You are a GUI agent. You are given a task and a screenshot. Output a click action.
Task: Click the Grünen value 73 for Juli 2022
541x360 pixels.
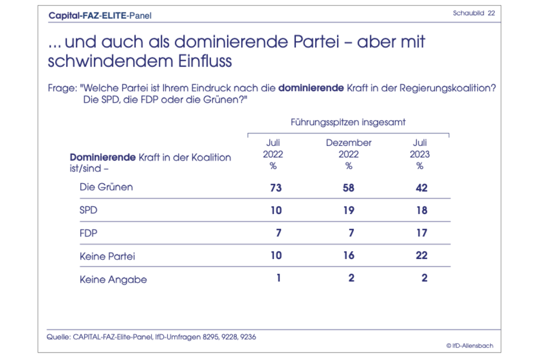pos(276,188)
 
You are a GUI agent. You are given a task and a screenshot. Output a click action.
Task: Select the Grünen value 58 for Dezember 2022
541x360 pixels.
pos(348,188)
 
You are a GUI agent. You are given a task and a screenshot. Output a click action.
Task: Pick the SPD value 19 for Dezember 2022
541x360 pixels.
pos(348,210)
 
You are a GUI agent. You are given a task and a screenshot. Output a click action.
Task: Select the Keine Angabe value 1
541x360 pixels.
pos(278,278)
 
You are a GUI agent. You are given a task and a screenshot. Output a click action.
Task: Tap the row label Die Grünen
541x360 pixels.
pos(107,187)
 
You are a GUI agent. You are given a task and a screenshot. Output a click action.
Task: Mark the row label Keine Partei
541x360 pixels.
pos(108,256)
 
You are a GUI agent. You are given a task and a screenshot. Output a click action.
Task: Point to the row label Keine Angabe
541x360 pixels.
pos(113,279)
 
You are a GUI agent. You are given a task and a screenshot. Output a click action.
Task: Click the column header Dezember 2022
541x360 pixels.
pos(348,148)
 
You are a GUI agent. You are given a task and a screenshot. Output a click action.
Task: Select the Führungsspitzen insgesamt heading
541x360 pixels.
pos(348,121)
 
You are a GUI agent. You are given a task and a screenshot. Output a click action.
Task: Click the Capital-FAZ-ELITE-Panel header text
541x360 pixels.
pos(100,15)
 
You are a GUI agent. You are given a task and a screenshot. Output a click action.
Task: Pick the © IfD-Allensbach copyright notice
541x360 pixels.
pos(469,345)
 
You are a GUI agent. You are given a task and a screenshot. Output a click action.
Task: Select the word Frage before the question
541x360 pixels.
pos(62,89)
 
